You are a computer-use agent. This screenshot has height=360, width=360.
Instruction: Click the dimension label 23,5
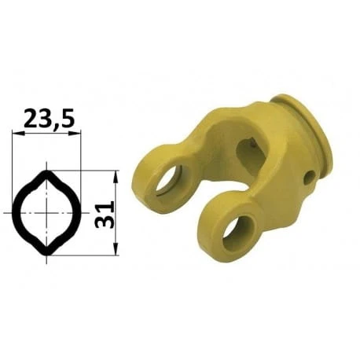tap(50, 118)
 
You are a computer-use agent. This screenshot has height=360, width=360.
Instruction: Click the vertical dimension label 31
tap(105, 215)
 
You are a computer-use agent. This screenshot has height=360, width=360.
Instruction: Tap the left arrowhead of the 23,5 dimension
tap(18, 134)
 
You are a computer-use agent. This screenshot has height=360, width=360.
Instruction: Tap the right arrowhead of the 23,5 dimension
tap(75, 134)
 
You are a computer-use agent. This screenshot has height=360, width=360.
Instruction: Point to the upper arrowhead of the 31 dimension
tap(116, 176)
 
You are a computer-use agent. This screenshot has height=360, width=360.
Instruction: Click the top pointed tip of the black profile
tap(46, 171)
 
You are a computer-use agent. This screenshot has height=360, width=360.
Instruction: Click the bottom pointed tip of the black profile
tap(46, 254)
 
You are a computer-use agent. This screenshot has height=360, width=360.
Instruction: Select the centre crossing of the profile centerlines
tap(46, 213)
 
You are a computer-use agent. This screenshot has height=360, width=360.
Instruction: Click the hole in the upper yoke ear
tap(167, 180)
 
